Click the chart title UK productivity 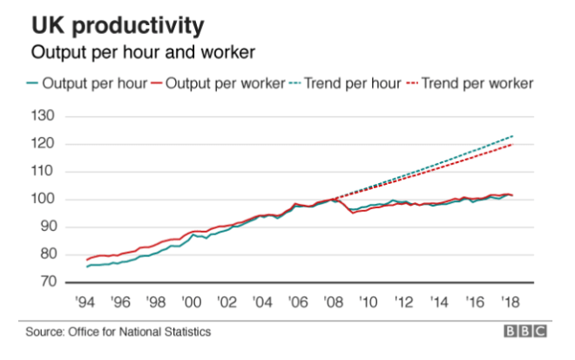(x=118, y=24)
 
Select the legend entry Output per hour (x=86, y=84)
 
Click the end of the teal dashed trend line (x=514, y=136)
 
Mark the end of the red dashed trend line (x=514, y=145)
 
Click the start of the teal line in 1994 (x=87, y=266)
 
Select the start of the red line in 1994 (x=87, y=259)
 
